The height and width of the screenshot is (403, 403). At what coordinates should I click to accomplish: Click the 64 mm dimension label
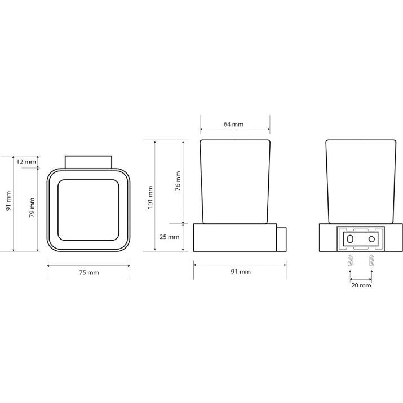pos(233,125)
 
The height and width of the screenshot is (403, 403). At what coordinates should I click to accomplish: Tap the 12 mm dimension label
pos(26,162)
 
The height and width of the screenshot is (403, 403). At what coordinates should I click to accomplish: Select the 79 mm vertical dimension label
pos(32,207)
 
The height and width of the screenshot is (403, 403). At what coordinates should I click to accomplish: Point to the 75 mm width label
pos(89,272)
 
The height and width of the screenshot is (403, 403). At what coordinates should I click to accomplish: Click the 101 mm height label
pos(150,197)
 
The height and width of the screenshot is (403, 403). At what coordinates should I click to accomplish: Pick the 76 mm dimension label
pos(178,181)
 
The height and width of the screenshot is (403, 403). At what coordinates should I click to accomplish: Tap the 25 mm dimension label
pos(170,237)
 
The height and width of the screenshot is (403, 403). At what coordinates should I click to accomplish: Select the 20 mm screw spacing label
pos(361,285)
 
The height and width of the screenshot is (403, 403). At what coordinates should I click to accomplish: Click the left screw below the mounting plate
pos(350,260)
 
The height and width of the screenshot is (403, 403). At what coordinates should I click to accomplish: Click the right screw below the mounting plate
pos(371,260)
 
